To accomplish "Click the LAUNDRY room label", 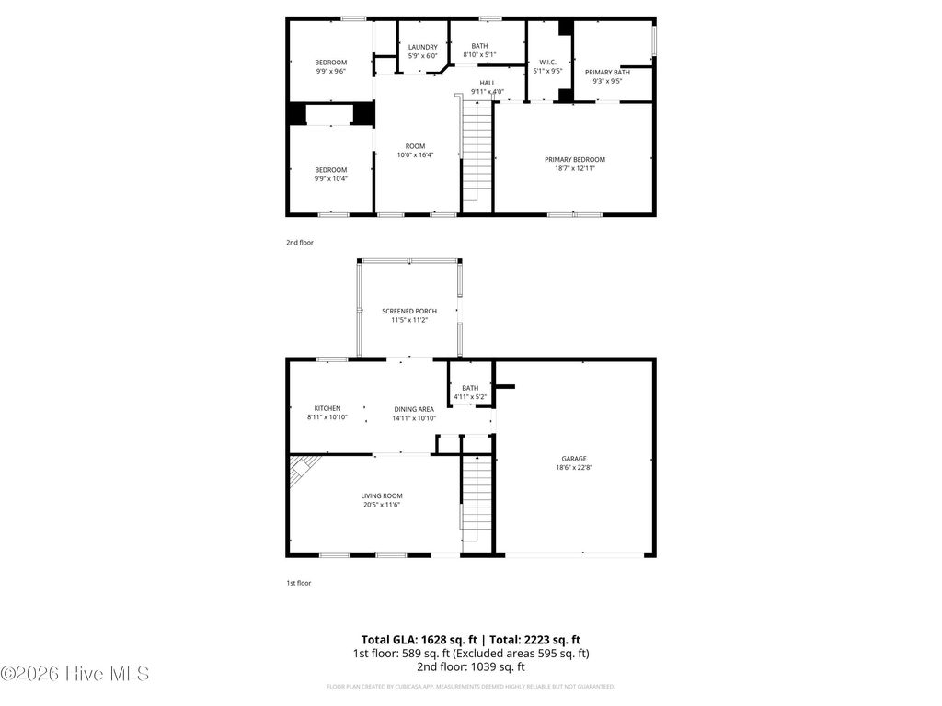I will [423, 47].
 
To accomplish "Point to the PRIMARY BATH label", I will [607, 72].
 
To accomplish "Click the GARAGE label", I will [574, 459].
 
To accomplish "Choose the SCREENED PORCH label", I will [409, 312].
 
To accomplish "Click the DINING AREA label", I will [414, 409].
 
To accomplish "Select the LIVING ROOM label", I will [381, 495].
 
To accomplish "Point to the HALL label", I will [487, 83].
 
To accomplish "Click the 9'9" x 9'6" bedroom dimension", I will [331, 71].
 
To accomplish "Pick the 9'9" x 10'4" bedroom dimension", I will [331, 178].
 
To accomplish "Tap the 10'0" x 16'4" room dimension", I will [415, 154].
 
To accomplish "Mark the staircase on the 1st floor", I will [477, 501].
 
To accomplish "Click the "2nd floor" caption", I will [299, 243].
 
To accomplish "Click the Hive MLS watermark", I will [75, 674].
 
